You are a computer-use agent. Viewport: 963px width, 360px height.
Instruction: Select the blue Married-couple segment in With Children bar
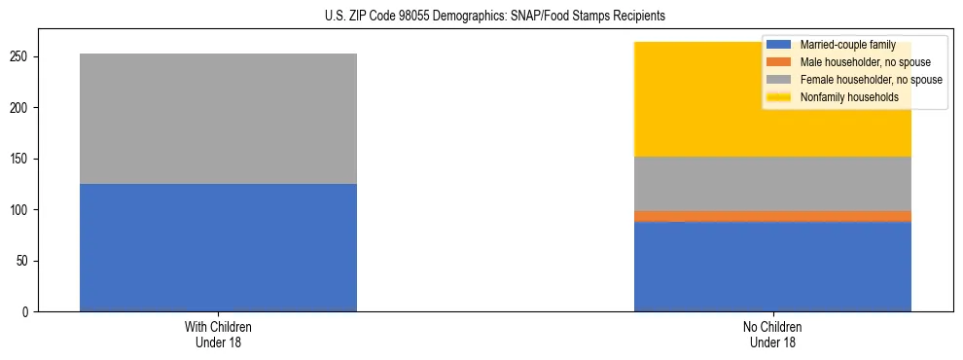[x=218, y=247]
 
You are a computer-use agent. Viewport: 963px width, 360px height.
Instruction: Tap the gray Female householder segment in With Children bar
[x=218, y=119]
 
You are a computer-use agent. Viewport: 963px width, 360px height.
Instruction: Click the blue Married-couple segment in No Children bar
[x=772, y=267]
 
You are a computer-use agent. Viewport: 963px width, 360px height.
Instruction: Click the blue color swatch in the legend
[x=779, y=45]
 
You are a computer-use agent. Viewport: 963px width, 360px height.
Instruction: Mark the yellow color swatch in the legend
[x=779, y=97]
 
